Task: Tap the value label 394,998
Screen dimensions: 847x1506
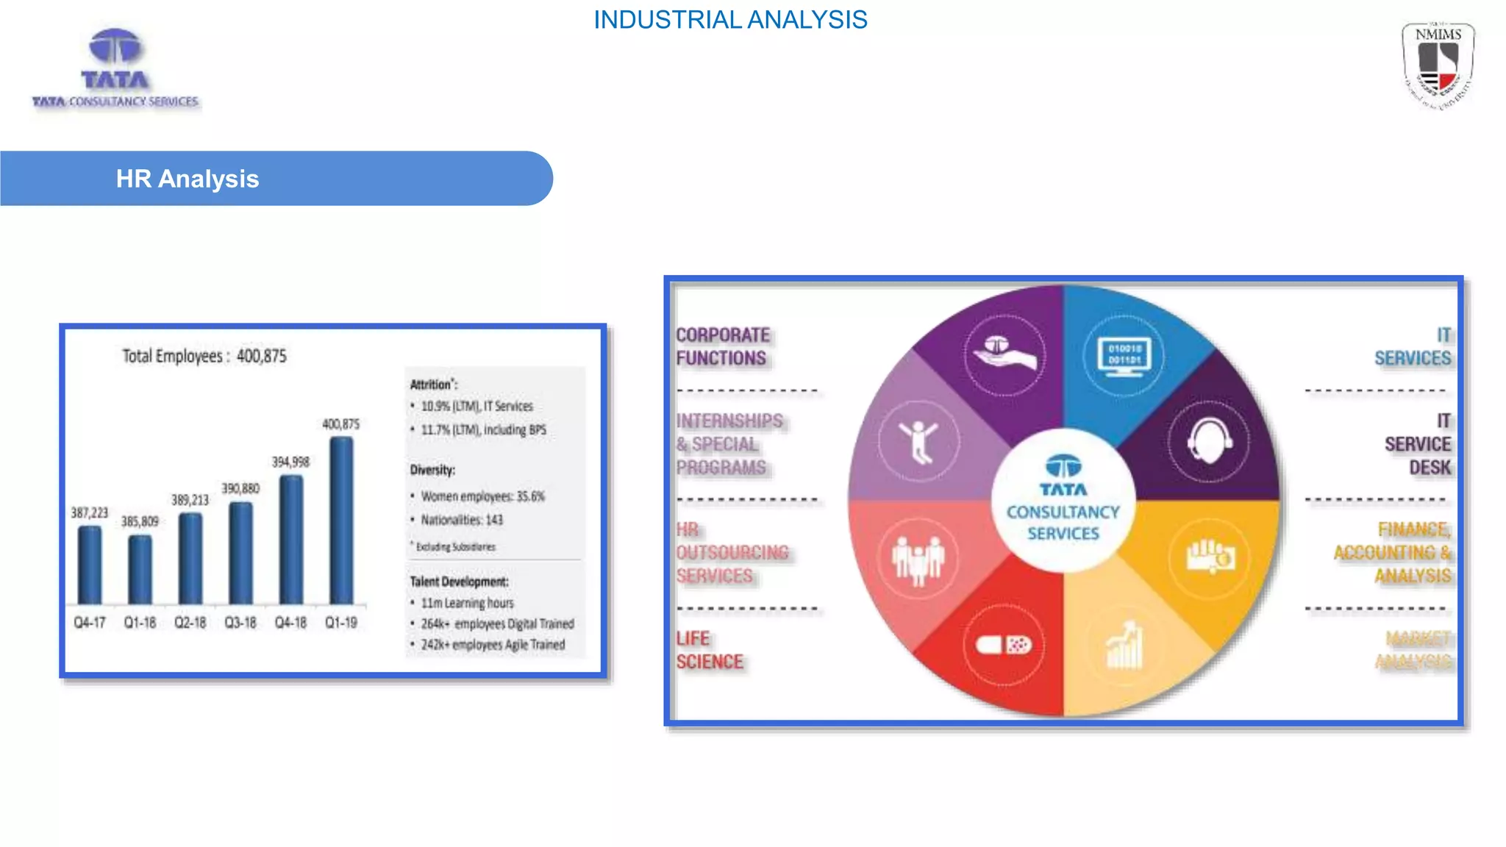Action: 290,462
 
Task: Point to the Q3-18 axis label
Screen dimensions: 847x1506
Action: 240,623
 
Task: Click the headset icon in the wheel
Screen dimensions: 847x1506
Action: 1209,441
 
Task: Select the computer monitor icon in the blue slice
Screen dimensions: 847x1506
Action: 1124,357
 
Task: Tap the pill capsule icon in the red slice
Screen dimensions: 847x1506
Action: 1004,646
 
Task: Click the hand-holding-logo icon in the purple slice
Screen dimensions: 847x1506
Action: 1004,355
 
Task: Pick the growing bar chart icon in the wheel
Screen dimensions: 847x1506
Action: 1125,646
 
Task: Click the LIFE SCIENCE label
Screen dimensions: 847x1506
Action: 710,650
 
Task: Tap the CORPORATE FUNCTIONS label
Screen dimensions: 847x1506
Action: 723,346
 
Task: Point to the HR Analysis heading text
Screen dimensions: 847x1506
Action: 188,179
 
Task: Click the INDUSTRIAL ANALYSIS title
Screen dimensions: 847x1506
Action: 730,20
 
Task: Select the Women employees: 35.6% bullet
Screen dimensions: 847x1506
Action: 482,496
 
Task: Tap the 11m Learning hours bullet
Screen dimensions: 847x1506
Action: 467,603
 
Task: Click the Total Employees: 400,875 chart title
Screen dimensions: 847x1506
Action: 204,357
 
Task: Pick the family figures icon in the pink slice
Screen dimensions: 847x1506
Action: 918,559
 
